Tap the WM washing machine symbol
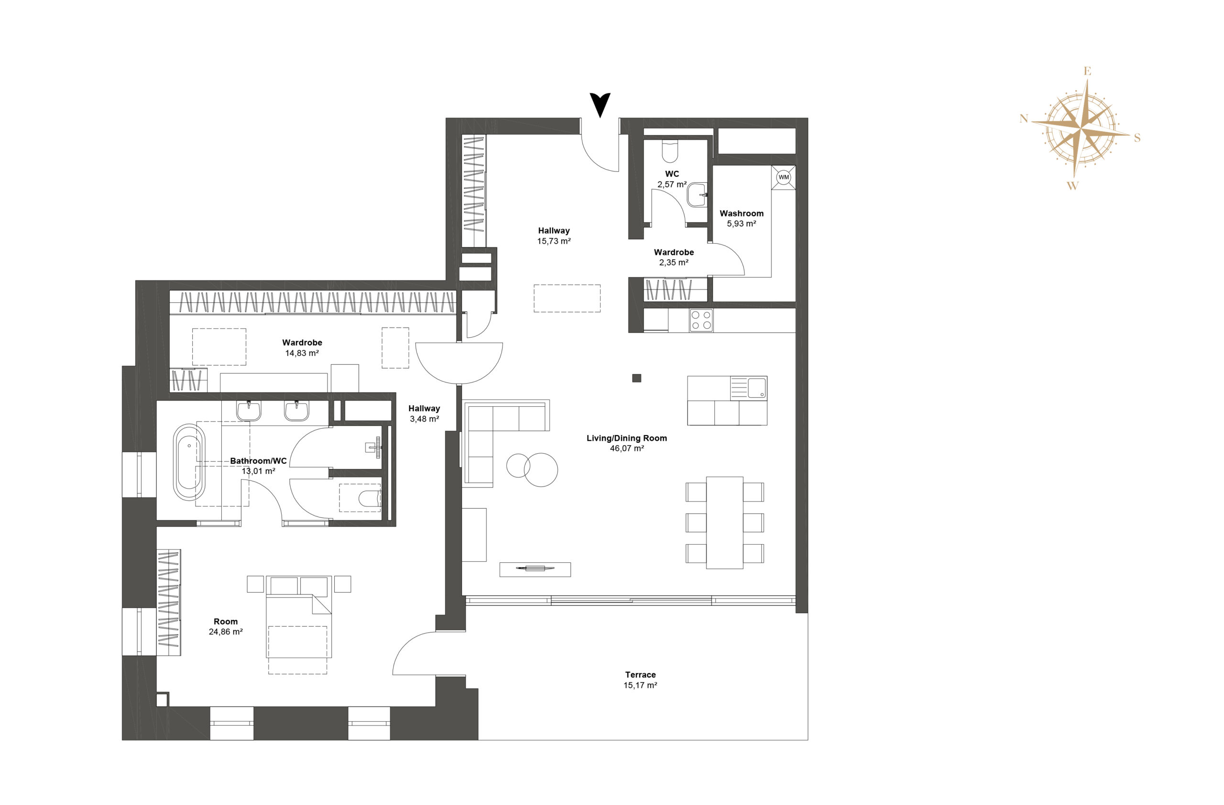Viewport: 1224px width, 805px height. click(783, 177)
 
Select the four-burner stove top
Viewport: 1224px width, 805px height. click(701, 320)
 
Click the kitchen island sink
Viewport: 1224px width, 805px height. click(756, 388)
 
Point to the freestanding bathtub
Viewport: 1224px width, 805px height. click(189, 462)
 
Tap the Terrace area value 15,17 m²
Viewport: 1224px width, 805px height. click(640, 685)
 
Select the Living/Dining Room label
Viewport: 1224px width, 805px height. click(626, 438)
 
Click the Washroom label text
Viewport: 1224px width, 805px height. click(741, 213)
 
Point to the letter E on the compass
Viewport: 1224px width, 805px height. click(1087, 71)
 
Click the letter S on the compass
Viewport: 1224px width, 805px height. click(1137, 137)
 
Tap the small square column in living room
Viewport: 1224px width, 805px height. click(637, 378)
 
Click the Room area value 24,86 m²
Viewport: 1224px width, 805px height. click(225, 632)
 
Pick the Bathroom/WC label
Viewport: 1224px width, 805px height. click(258, 461)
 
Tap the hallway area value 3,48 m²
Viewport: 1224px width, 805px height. click(424, 419)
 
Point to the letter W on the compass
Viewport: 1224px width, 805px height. click(1072, 185)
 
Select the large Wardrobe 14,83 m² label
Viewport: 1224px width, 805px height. click(302, 348)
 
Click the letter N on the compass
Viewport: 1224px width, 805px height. click(1024, 119)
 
